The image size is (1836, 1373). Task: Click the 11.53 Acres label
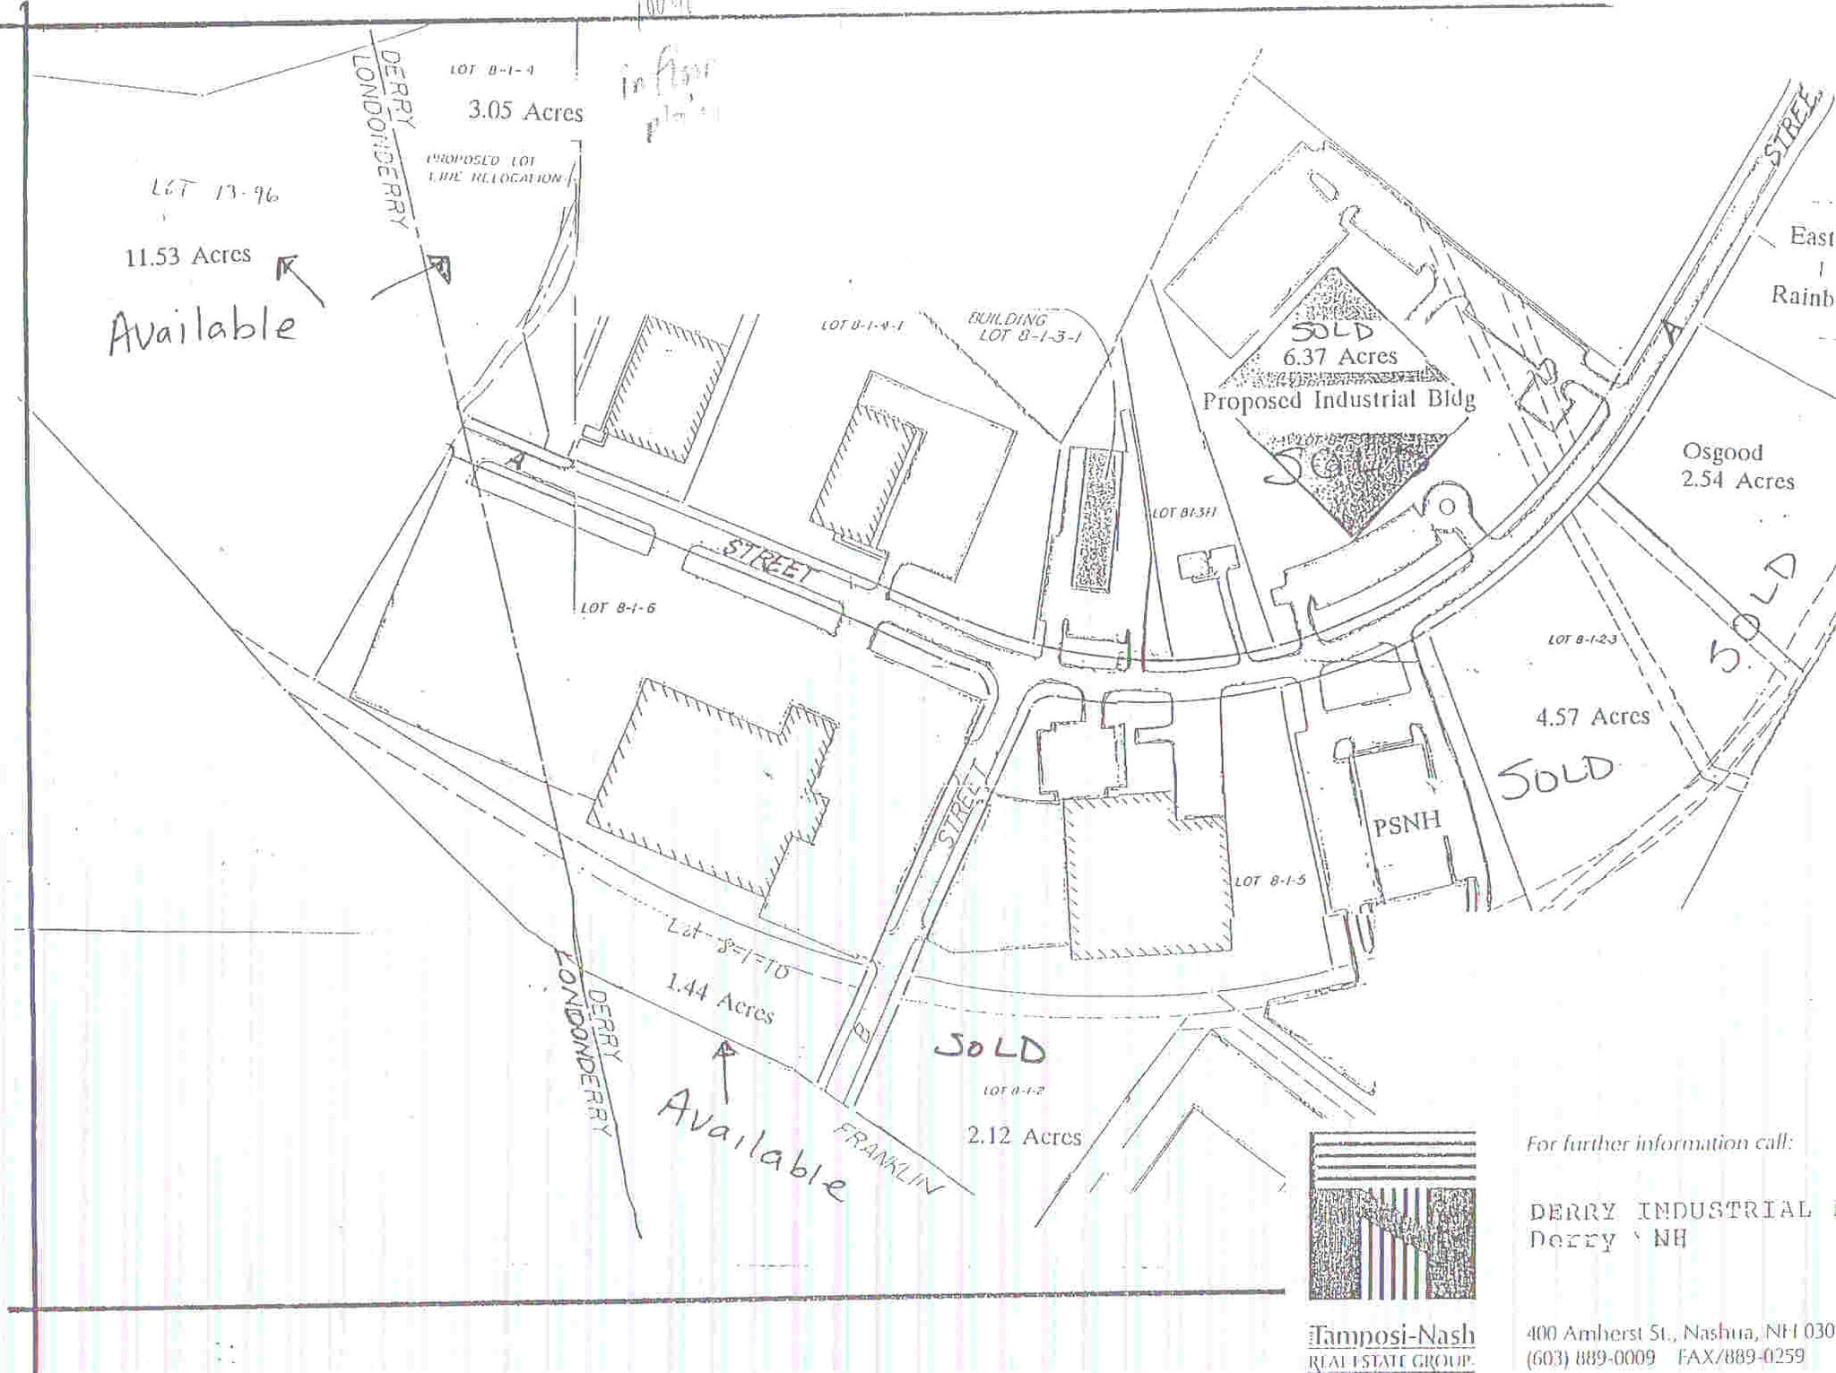pos(188,256)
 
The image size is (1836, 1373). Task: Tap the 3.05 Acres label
pos(525,112)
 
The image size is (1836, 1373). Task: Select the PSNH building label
pos(1407,822)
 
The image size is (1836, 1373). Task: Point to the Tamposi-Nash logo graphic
pos(1391,1216)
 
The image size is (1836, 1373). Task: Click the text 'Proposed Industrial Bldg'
pos(1338,400)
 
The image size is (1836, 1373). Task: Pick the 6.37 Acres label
pos(1339,357)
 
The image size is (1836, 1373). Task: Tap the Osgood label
pos(1722,452)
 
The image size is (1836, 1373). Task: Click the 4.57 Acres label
pos(1592,717)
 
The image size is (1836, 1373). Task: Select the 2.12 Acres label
pos(1024,1136)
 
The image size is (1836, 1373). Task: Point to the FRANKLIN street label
pos(888,1158)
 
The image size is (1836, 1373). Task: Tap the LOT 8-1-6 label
pos(618,608)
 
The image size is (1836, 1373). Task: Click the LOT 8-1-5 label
pos(1270,881)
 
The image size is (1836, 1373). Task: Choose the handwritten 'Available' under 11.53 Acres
pos(203,329)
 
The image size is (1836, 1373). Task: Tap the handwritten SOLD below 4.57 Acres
pos(1556,775)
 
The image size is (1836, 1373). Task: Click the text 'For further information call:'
pos(1658,1143)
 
